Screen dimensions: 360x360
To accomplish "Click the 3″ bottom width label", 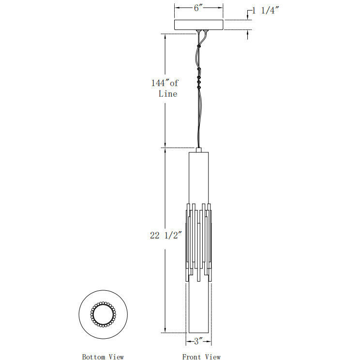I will pyautogui.click(x=197, y=341).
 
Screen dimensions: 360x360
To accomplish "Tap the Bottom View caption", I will pyautogui.click(x=103, y=357).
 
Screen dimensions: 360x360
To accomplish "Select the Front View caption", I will pyautogui.click(x=201, y=357).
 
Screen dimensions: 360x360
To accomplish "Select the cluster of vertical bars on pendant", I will pyautogui.click(x=198, y=242).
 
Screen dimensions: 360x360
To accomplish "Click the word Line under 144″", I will pyautogui.click(x=168, y=94).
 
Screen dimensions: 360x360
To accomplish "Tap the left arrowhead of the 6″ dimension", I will pyautogui.click(x=176, y=8).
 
